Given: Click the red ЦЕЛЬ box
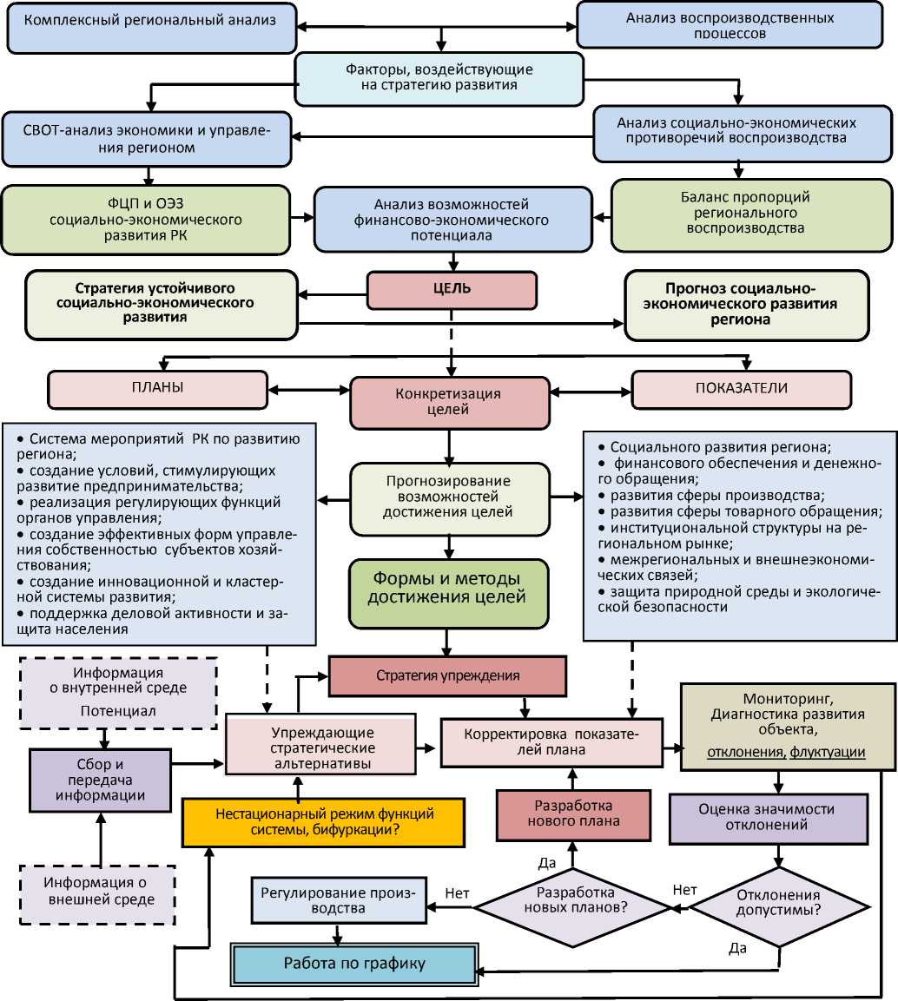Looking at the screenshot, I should coord(452,290).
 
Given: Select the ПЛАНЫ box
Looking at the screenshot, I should coord(158,389).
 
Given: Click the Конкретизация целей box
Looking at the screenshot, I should coord(449,402).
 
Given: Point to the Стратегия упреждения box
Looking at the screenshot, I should coord(447,675).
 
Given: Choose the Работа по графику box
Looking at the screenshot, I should coord(355,964).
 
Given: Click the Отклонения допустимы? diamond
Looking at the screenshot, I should coord(778,904).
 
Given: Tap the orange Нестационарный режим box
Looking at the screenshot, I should coord(323,821).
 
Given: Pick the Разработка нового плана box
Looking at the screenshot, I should coord(572,813).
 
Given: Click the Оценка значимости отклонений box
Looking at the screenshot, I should coord(768,818).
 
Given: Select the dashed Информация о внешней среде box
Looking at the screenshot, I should coord(100,892).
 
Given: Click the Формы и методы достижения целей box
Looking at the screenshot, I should coord(448,594).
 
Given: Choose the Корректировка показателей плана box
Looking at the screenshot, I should coord(551,742).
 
